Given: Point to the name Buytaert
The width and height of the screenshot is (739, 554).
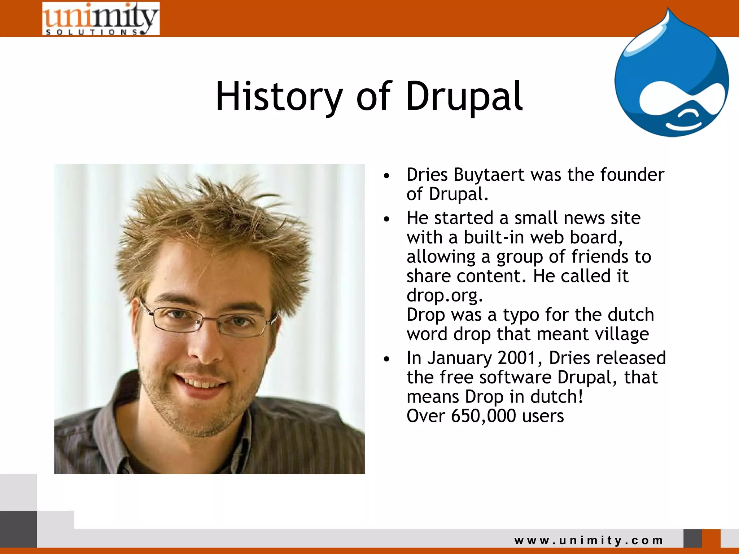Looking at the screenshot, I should pyautogui.click(x=489, y=175).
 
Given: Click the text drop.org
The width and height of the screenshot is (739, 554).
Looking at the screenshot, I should pyautogui.click(x=445, y=295).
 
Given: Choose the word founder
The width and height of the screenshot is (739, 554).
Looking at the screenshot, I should pyautogui.click(x=632, y=175).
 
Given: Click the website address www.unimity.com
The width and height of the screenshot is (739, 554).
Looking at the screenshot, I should pyautogui.click(x=589, y=540).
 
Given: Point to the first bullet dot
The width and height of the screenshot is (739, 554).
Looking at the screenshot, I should pyautogui.click(x=387, y=176).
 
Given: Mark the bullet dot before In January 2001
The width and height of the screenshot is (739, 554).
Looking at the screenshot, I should pyautogui.click(x=387, y=359).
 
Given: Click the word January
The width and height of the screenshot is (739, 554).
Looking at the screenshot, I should pyautogui.click(x=460, y=358).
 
